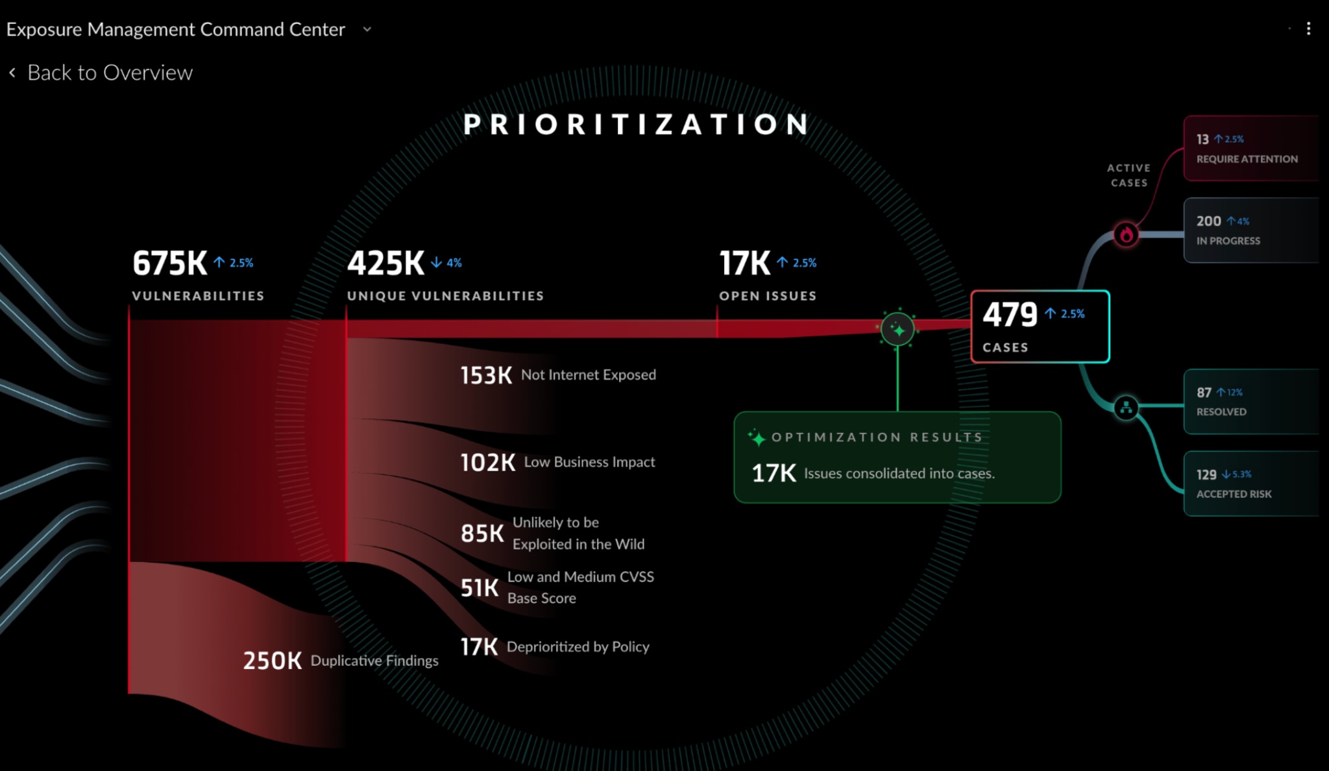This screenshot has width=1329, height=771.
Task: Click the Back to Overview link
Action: tap(109, 73)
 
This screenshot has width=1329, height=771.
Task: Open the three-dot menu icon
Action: tap(1308, 29)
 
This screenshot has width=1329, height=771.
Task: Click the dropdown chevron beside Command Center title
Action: tap(367, 29)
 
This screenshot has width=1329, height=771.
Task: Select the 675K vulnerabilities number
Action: tap(169, 263)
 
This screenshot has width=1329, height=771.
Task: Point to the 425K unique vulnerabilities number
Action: tap(385, 263)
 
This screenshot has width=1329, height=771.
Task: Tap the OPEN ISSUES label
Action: tap(768, 296)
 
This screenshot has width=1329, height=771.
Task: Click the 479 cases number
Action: tap(1010, 315)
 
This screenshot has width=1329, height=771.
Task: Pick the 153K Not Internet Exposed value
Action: tap(486, 375)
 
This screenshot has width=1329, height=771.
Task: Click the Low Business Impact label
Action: tap(589, 462)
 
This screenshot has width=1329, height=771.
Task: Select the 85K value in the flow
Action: tap(482, 533)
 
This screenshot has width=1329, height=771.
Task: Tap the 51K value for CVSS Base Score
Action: tap(480, 588)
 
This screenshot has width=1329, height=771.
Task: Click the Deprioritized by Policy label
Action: tap(578, 647)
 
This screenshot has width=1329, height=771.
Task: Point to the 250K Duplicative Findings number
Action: tap(272, 661)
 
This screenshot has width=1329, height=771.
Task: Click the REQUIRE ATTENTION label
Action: tap(1247, 159)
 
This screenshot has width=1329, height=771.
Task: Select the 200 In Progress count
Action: tap(1208, 221)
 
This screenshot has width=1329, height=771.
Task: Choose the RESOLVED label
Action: tap(1221, 412)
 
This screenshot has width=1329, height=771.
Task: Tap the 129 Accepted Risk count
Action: tap(1206, 474)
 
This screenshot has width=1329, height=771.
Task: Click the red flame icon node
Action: tap(1126, 234)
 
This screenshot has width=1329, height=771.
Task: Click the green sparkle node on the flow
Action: tap(897, 330)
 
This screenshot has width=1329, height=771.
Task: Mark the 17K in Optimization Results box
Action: tap(774, 473)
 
